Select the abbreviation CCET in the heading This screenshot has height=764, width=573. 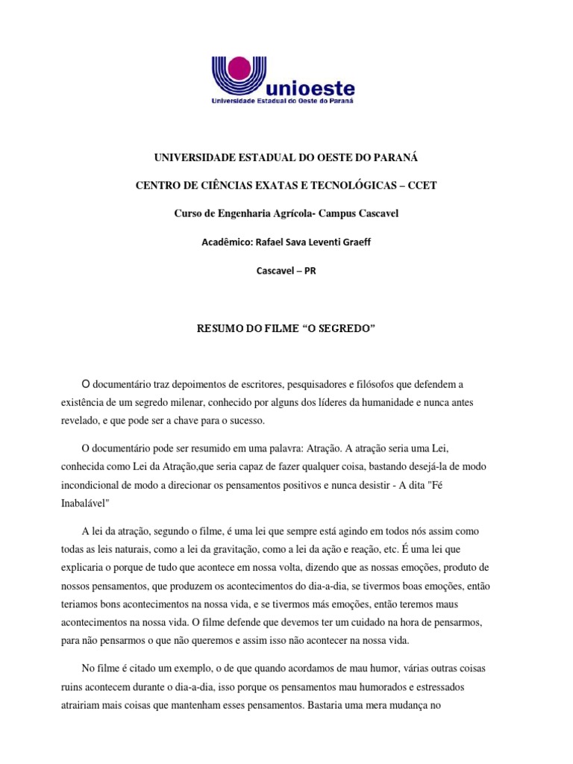[422, 186]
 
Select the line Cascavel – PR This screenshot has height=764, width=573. [286, 270]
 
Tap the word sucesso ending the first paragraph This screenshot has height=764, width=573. [244, 421]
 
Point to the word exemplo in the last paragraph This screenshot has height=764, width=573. [192, 668]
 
